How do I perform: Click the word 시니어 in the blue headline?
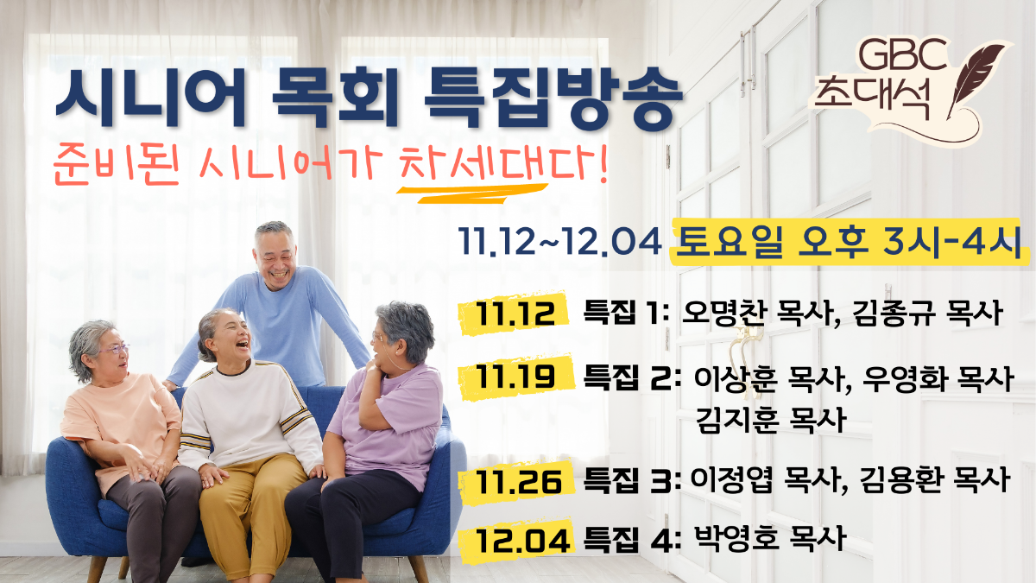(x=150, y=98)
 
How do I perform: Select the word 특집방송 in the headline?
(x=553, y=98)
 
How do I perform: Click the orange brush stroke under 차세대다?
(x=471, y=193)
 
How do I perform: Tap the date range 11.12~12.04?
(x=559, y=241)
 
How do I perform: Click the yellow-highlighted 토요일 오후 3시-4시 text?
(x=850, y=241)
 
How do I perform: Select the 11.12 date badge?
(x=515, y=313)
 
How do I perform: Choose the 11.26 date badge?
(x=516, y=482)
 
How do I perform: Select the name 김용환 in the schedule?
(x=900, y=480)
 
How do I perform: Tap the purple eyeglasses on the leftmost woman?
(x=114, y=349)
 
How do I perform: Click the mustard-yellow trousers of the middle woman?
(x=252, y=509)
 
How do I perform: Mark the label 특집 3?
(x=631, y=481)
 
